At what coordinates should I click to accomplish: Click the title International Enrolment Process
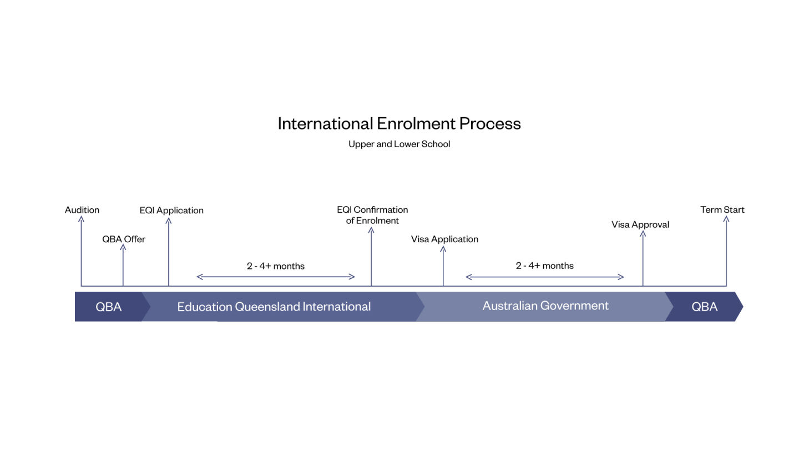click(x=399, y=123)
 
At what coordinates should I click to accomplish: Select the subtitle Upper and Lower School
click(x=399, y=144)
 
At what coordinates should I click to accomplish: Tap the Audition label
click(x=82, y=209)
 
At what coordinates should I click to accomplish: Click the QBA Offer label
click(x=124, y=239)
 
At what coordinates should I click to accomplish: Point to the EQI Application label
click(x=171, y=211)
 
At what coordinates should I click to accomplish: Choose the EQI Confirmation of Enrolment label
click(x=372, y=215)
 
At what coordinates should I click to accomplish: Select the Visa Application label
click(x=444, y=239)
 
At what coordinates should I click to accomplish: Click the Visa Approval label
click(x=640, y=224)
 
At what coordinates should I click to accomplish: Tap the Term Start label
click(x=722, y=209)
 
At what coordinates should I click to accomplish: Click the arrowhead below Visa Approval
click(x=643, y=233)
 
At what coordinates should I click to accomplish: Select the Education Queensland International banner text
click(x=274, y=307)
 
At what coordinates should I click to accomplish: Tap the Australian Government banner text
click(x=545, y=306)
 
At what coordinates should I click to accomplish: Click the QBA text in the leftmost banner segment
click(x=108, y=307)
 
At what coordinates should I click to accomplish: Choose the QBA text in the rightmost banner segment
click(x=705, y=307)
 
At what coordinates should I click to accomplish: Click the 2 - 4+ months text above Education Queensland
click(x=276, y=266)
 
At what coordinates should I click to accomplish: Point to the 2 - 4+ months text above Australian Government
click(x=545, y=266)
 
